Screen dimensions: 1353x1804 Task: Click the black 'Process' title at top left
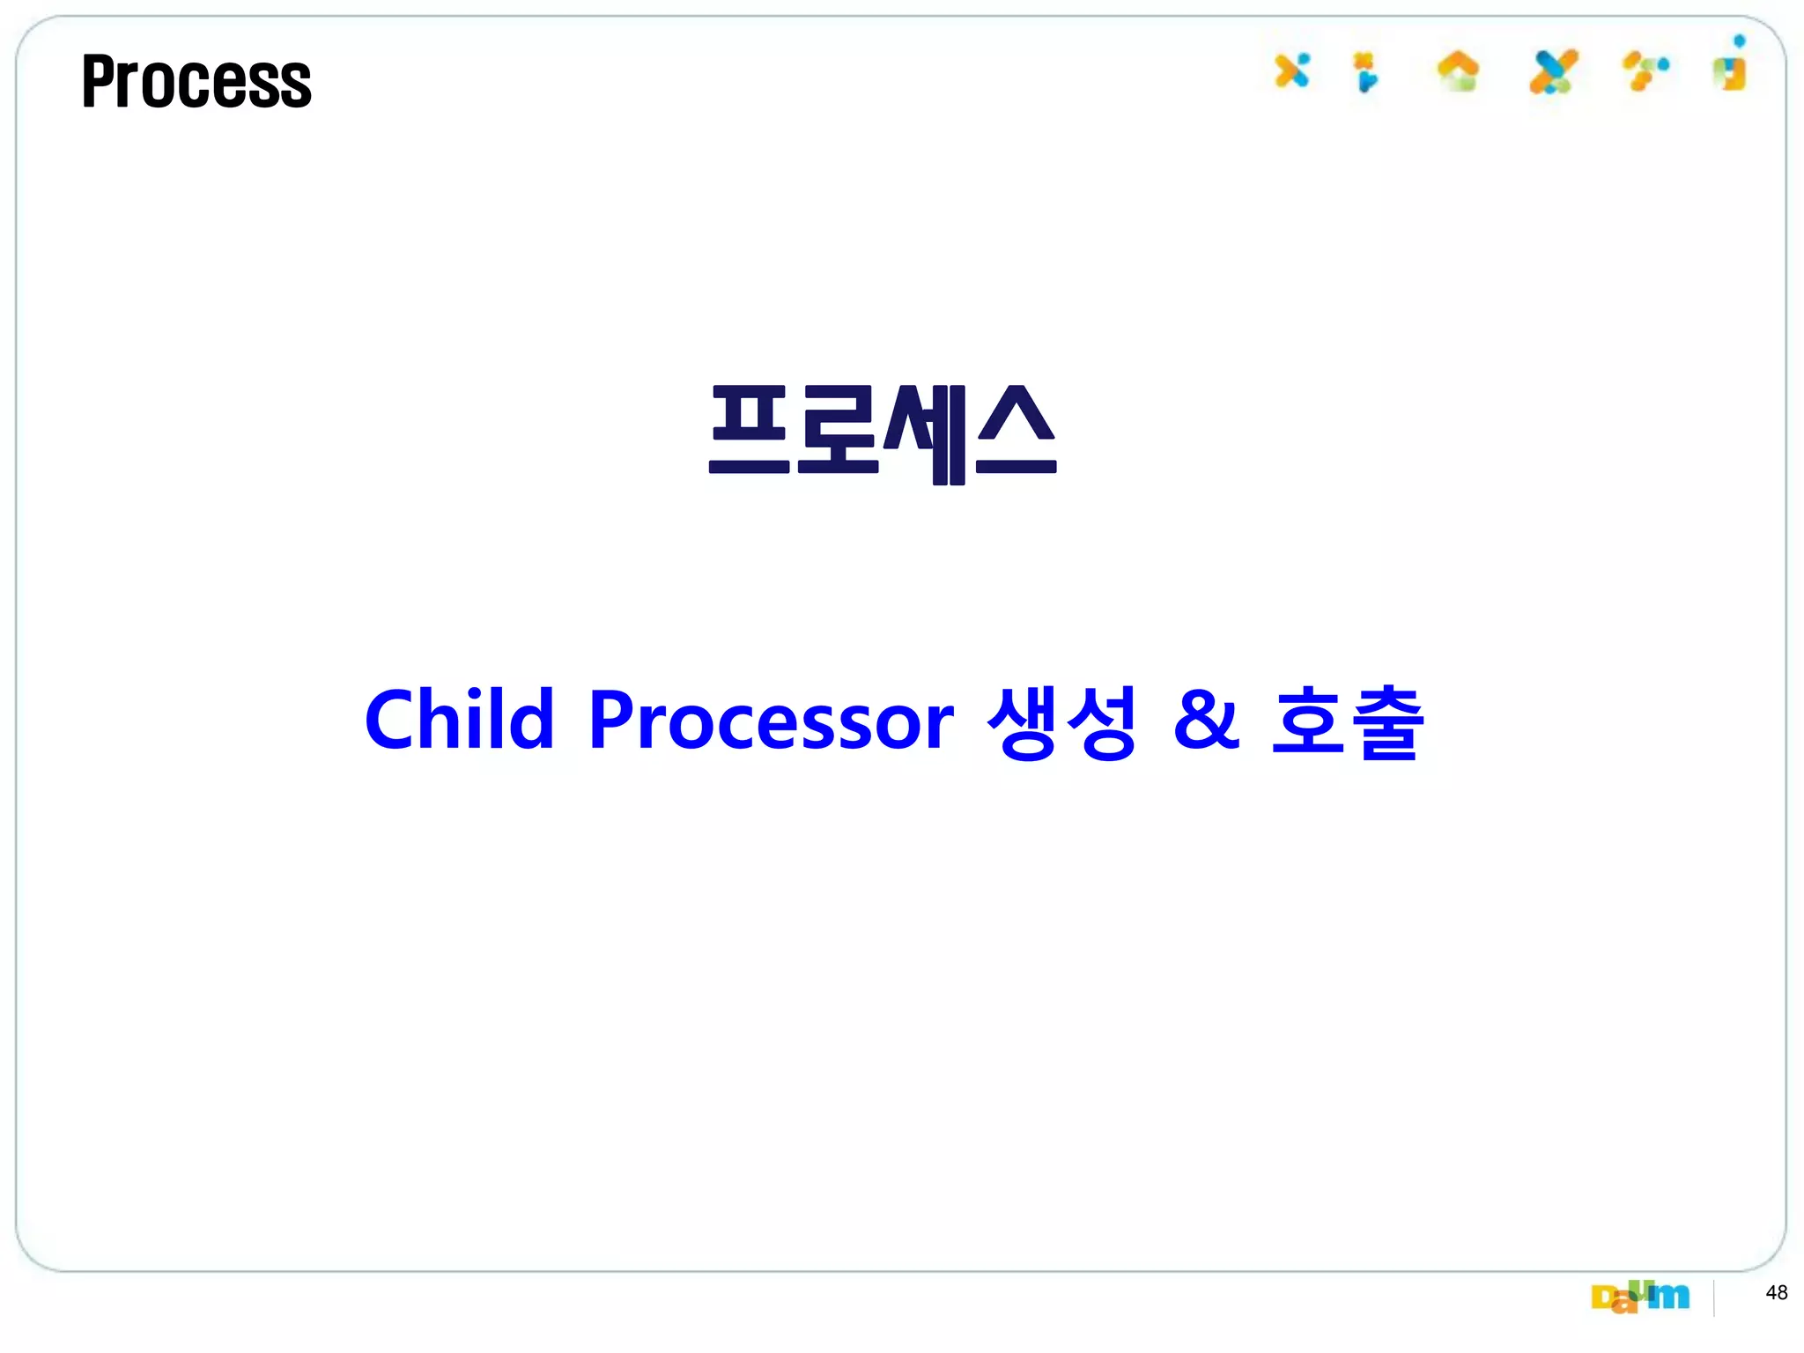(x=196, y=81)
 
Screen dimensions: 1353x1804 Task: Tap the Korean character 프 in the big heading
(x=749, y=432)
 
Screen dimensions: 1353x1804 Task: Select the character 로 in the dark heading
(x=837, y=432)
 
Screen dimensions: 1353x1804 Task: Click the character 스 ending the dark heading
(x=1016, y=432)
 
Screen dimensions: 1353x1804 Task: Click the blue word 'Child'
(x=459, y=720)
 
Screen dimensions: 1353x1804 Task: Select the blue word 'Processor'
(x=771, y=721)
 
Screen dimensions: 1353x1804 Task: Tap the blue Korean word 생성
(x=1061, y=721)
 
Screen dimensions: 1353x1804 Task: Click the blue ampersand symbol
(x=1206, y=720)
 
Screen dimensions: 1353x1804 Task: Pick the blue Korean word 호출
(x=1347, y=721)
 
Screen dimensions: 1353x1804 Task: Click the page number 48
(x=1777, y=1292)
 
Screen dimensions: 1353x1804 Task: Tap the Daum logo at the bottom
(x=1640, y=1296)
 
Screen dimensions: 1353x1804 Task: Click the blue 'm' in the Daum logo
(x=1671, y=1296)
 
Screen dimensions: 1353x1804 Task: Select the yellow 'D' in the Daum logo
(x=1602, y=1298)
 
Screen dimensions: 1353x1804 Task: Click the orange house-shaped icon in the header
(x=1458, y=70)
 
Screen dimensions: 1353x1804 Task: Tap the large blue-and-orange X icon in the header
(x=1553, y=71)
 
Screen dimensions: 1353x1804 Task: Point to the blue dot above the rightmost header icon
(x=1739, y=41)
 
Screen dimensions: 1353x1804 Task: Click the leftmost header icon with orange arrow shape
(x=1291, y=70)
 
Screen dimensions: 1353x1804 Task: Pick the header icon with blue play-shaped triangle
(x=1366, y=73)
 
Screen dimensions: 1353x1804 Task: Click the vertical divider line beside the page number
(x=1714, y=1298)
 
